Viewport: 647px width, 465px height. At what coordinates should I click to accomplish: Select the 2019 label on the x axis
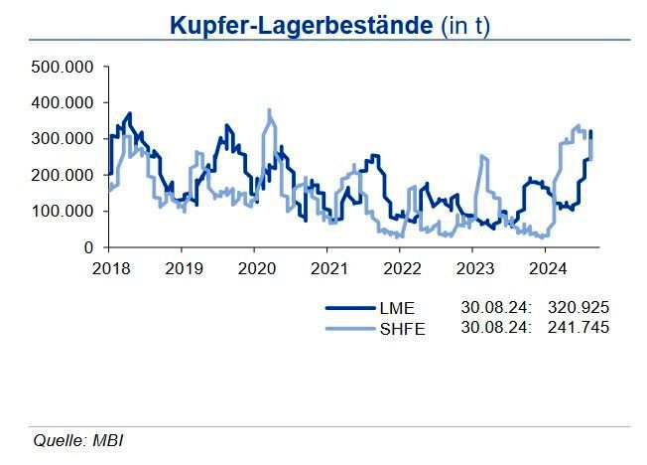183,268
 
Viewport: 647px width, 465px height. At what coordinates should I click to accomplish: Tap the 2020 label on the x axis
256,268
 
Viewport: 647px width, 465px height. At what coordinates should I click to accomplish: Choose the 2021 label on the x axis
328,268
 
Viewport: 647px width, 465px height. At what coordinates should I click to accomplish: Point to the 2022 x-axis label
402,268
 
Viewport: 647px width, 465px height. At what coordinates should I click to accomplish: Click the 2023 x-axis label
474,268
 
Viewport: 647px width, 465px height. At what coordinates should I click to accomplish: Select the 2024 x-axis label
548,268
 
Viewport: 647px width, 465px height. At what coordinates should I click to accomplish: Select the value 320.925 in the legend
578,309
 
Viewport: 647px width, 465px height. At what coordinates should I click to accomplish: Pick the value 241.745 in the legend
578,328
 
